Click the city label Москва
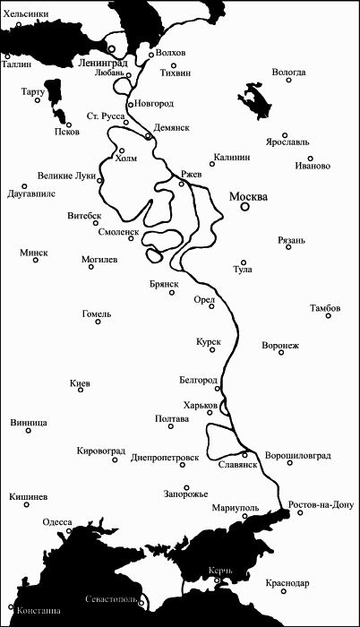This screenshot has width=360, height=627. click(x=248, y=196)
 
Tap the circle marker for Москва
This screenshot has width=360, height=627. click(x=245, y=207)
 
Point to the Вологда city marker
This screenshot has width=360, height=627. click(x=289, y=80)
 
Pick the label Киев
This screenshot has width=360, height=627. click(x=80, y=382)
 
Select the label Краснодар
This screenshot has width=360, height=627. click(x=287, y=583)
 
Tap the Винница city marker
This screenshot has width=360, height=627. click(x=27, y=431)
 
